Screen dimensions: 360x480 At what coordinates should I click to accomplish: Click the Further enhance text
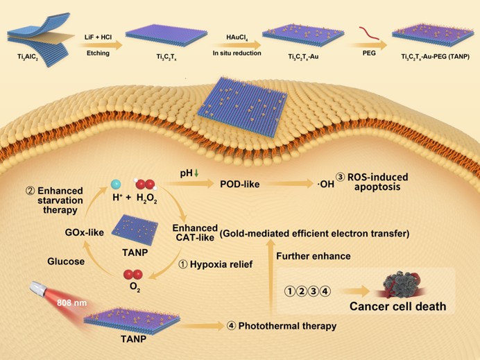[x=314, y=257]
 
